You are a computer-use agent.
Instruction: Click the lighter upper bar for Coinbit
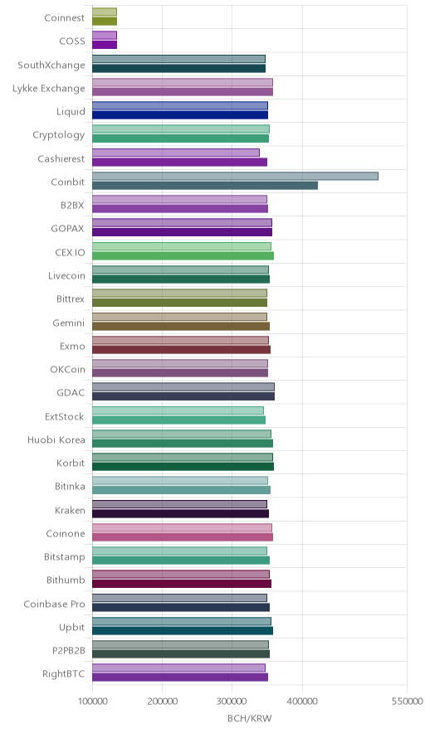(x=235, y=177)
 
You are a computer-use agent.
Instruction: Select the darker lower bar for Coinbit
(x=205, y=186)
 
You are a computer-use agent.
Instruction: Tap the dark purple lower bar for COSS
(x=105, y=45)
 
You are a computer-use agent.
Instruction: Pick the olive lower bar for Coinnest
(x=105, y=22)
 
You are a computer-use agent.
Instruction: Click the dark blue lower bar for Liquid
(x=180, y=115)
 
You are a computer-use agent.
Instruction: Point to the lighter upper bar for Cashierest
(x=175, y=153)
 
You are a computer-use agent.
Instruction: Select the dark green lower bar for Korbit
(x=183, y=467)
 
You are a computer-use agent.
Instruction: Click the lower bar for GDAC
(x=183, y=396)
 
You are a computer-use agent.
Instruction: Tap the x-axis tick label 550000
(x=407, y=701)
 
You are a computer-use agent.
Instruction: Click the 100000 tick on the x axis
(x=92, y=701)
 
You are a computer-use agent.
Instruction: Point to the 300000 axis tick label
(x=232, y=701)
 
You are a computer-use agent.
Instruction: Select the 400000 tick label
(x=302, y=701)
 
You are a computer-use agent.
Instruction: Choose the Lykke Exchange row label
(x=49, y=89)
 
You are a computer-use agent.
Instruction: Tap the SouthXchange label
(x=51, y=66)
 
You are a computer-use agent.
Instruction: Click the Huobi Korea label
(x=56, y=440)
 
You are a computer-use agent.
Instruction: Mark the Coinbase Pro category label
(x=54, y=604)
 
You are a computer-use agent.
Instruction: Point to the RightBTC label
(x=64, y=674)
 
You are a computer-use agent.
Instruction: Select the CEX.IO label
(x=71, y=252)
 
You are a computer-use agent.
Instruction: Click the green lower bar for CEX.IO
(x=183, y=255)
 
